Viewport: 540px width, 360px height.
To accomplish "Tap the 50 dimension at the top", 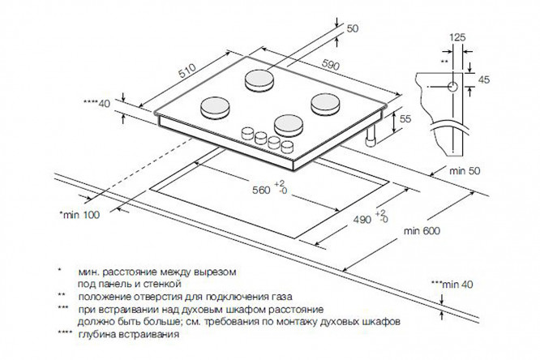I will coord(352,30).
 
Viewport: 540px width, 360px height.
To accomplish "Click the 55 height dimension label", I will coord(407,120).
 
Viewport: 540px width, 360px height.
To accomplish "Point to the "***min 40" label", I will coord(451,285).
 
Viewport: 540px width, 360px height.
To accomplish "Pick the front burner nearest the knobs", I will coord(288,125).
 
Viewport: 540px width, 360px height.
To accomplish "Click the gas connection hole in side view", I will coord(451,84).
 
